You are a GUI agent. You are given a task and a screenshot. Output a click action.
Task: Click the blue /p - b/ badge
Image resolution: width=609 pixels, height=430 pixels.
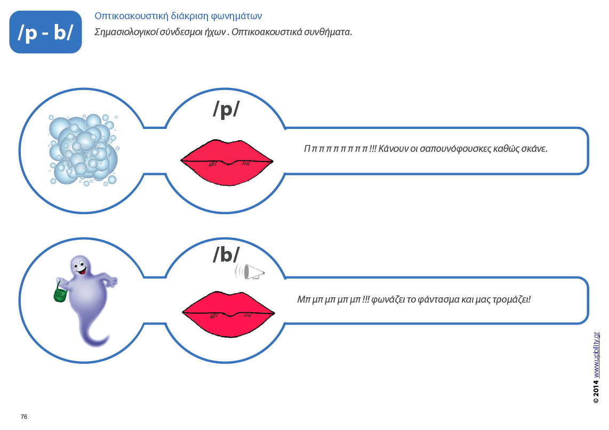pyautogui.click(x=45, y=33)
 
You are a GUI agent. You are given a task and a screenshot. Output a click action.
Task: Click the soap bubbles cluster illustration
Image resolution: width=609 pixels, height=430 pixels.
pyautogui.click(x=83, y=149)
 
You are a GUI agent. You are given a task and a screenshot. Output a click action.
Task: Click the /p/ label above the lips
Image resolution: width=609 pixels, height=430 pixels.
pyautogui.click(x=226, y=109)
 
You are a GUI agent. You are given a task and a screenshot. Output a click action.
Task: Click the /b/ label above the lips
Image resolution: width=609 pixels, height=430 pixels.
pyautogui.click(x=226, y=255)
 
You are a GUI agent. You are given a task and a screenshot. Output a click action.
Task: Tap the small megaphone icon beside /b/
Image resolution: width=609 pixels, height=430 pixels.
pyautogui.click(x=250, y=272)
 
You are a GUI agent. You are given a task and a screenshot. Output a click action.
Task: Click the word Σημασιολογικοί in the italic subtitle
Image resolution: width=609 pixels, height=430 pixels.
pyautogui.click(x=126, y=32)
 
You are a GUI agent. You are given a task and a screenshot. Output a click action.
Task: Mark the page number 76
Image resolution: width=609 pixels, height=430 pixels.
pyautogui.click(x=24, y=417)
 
